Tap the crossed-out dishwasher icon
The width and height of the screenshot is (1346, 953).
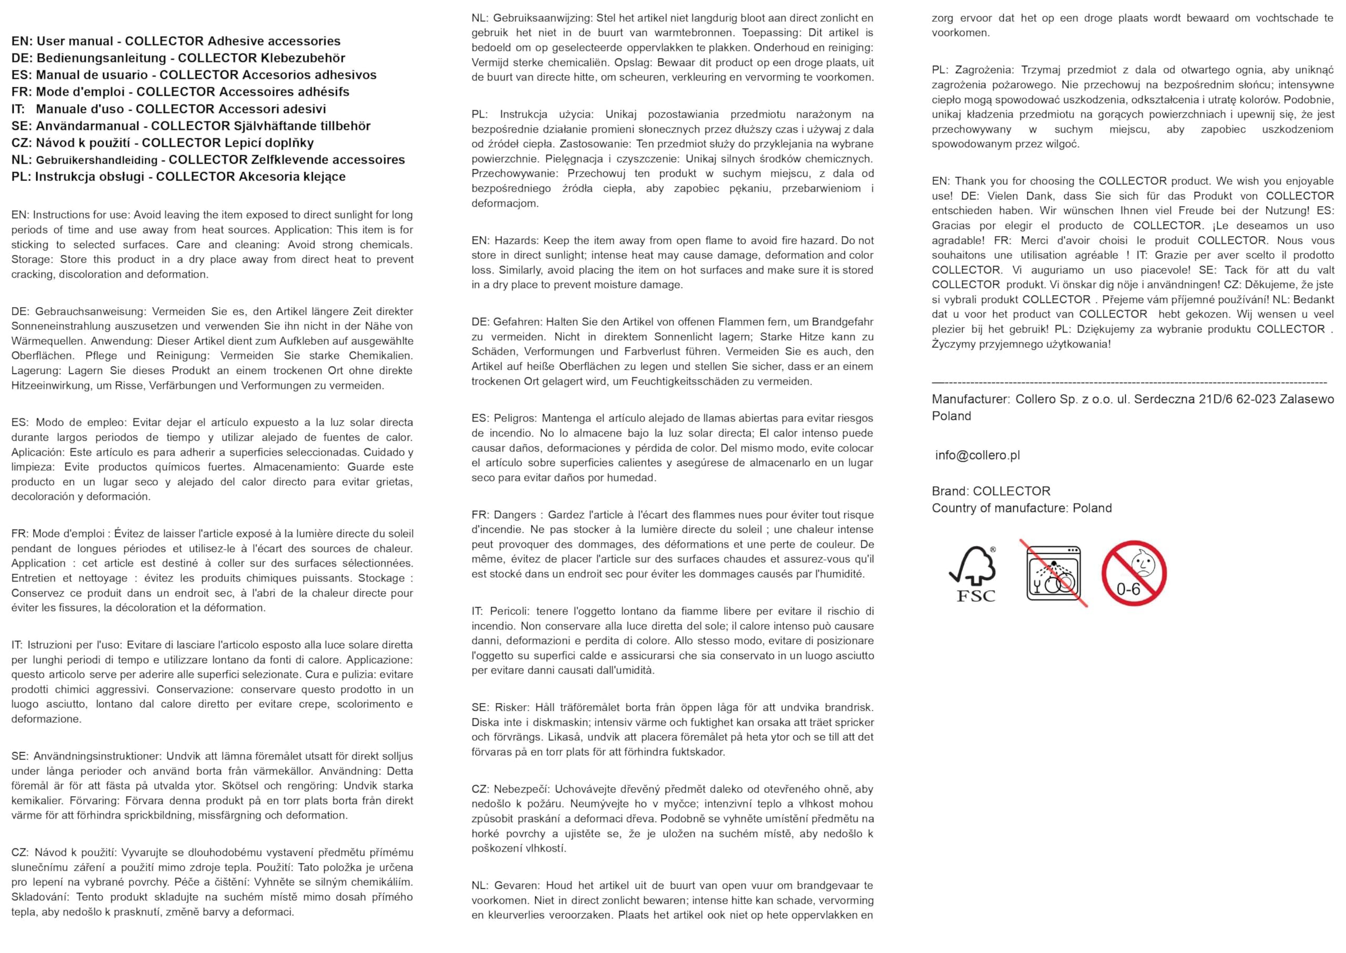click(x=1054, y=573)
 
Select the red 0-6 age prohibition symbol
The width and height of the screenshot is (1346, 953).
click(x=1134, y=573)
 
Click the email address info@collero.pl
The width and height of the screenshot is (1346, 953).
click(x=977, y=455)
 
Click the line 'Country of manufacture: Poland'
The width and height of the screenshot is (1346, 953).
click(x=1021, y=508)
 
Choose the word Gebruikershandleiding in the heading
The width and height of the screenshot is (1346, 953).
click(x=97, y=160)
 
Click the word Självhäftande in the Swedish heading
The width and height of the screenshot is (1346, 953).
click(x=273, y=126)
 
